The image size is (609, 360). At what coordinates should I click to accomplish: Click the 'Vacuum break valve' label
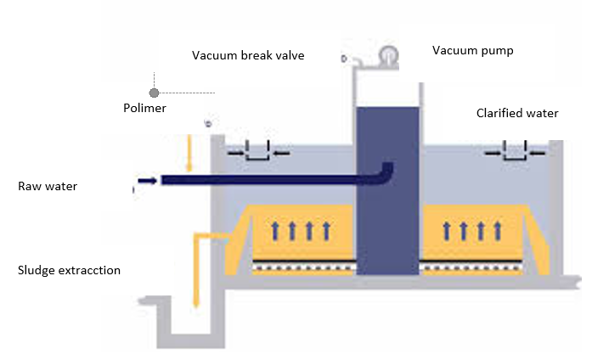[x=248, y=55]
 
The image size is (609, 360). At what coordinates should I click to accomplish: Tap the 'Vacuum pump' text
[x=472, y=51]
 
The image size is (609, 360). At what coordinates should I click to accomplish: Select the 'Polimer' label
[x=144, y=108]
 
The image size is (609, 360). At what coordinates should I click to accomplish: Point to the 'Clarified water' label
[x=517, y=113]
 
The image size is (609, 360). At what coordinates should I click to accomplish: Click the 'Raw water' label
[x=48, y=186]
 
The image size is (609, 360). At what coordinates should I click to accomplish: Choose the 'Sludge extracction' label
[x=69, y=270]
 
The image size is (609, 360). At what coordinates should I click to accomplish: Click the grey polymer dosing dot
[x=155, y=93]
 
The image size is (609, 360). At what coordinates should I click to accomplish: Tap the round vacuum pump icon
[x=388, y=54]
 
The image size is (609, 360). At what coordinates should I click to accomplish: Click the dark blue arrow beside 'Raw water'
[x=148, y=180]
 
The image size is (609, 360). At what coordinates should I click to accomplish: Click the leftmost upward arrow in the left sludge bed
[x=275, y=231]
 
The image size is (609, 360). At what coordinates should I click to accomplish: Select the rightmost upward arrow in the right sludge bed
[x=498, y=231]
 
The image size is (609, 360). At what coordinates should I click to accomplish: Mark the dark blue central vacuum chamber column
[x=387, y=191]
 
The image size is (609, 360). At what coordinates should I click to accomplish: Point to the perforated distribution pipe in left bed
[x=304, y=268]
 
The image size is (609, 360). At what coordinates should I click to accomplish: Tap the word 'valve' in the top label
[x=290, y=55]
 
